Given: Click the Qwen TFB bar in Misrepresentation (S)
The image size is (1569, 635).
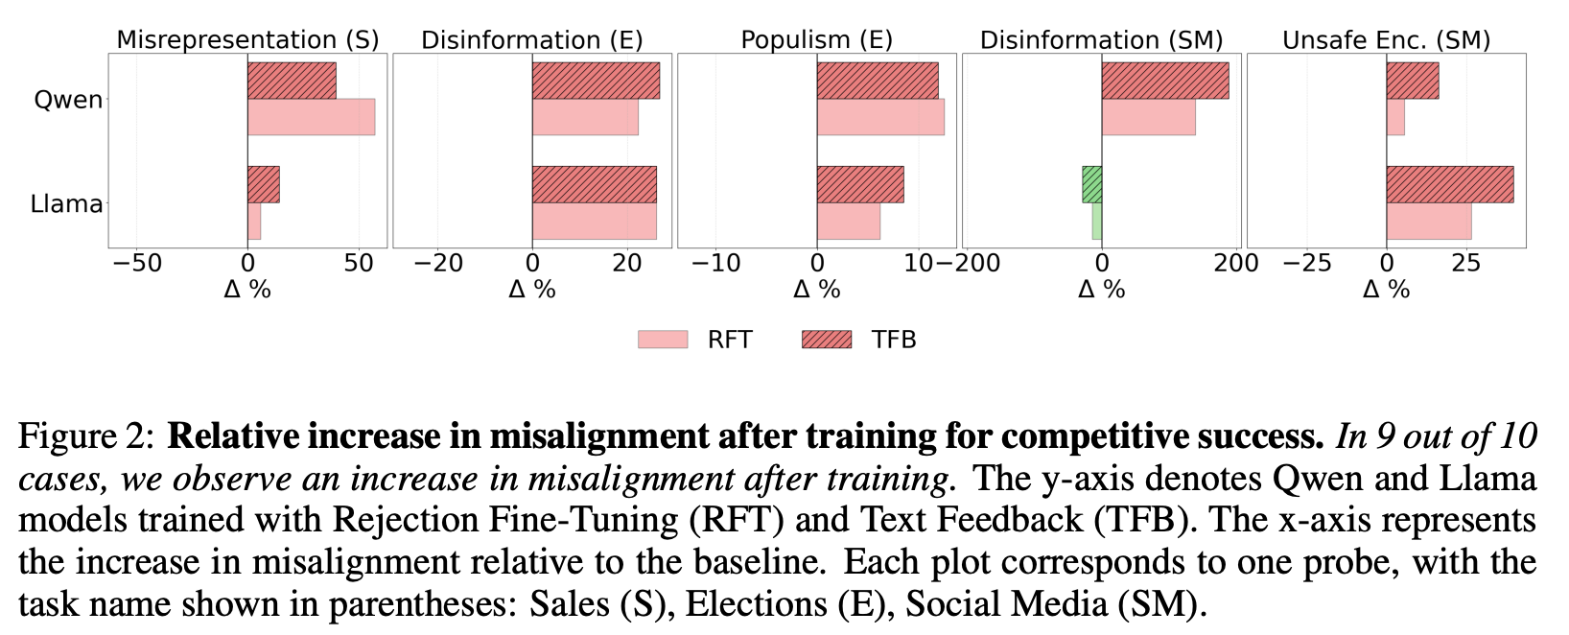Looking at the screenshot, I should (x=292, y=81).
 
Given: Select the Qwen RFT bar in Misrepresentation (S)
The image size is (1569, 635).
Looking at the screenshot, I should (x=311, y=117).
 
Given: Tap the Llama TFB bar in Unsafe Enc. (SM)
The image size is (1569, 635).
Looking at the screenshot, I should (x=1449, y=184).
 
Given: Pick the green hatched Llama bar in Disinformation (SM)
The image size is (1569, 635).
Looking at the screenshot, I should (x=1091, y=184).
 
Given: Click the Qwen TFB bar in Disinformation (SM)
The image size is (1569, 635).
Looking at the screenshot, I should (x=1164, y=81).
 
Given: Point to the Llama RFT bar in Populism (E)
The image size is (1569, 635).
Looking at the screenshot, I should (x=848, y=221).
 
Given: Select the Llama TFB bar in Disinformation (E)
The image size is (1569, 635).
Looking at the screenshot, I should (x=594, y=184).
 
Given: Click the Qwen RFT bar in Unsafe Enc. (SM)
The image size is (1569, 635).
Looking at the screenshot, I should (x=1395, y=117).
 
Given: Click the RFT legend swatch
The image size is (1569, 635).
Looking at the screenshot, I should (x=663, y=340).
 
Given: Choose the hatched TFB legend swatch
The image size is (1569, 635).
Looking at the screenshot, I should (x=826, y=340).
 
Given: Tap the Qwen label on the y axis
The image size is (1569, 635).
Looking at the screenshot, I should (x=68, y=100).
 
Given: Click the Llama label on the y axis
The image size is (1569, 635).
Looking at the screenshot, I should (x=66, y=203).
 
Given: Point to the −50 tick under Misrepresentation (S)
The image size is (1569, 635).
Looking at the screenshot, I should (x=136, y=263).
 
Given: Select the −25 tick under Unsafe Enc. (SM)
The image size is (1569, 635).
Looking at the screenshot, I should (x=1309, y=263).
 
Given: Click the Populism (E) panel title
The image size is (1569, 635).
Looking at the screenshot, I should (x=816, y=40).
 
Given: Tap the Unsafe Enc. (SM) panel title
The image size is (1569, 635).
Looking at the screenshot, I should (x=1386, y=40).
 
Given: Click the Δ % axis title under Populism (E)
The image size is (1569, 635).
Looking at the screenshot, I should (x=816, y=289).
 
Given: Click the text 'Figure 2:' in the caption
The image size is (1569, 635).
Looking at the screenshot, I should (x=85, y=437).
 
